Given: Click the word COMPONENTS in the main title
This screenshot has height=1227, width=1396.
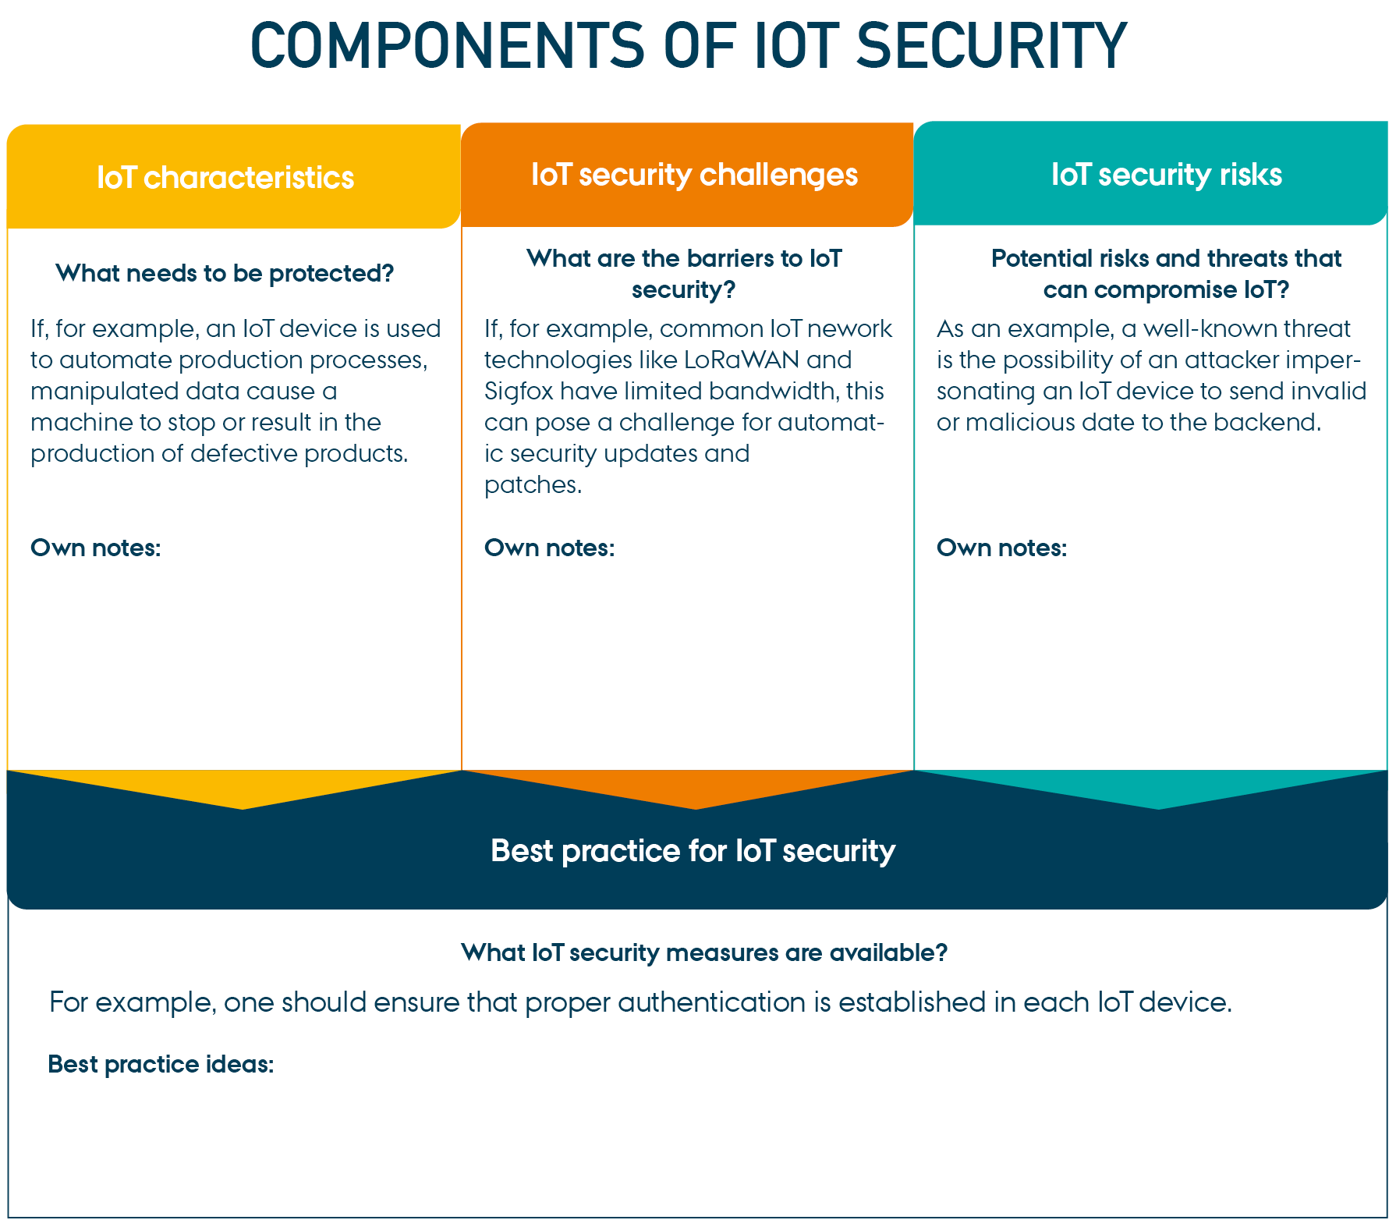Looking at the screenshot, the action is [x=447, y=46].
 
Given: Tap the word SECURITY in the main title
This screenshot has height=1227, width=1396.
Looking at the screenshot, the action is [x=992, y=46].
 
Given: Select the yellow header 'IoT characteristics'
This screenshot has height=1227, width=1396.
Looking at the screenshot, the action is [x=225, y=178].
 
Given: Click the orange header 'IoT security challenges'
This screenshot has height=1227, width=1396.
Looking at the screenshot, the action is [x=694, y=176].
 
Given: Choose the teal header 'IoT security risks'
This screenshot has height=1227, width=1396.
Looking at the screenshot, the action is [x=1167, y=175].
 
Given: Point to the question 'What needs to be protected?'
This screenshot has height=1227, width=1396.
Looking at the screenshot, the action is [x=225, y=274].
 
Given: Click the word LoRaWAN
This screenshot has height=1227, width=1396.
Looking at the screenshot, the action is [x=742, y=360].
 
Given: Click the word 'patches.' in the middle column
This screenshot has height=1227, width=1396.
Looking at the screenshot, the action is [x=533, y=485].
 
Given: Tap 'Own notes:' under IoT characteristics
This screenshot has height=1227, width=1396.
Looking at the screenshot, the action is [x=96, y=548].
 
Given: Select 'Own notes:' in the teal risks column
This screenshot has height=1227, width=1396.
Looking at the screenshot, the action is [x=1002, y=548].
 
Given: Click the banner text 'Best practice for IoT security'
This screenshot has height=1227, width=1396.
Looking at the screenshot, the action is [x=693, y=851].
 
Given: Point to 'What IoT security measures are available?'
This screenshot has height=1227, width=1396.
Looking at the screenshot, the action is [x=704, y=952].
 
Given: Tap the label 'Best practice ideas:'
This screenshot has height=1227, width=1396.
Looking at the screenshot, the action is [x=161, y=1065].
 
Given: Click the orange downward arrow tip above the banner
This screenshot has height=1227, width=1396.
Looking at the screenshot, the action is [x=696, y=808].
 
